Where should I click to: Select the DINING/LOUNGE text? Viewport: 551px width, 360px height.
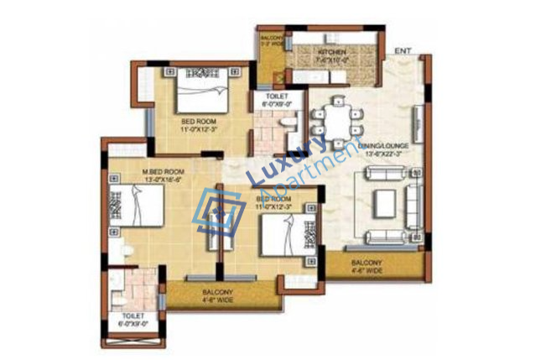click(384, 146)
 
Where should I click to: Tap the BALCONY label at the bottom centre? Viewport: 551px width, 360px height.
click(217, 291)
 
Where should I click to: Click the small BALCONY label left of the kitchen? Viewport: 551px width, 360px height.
click(270, 39)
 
